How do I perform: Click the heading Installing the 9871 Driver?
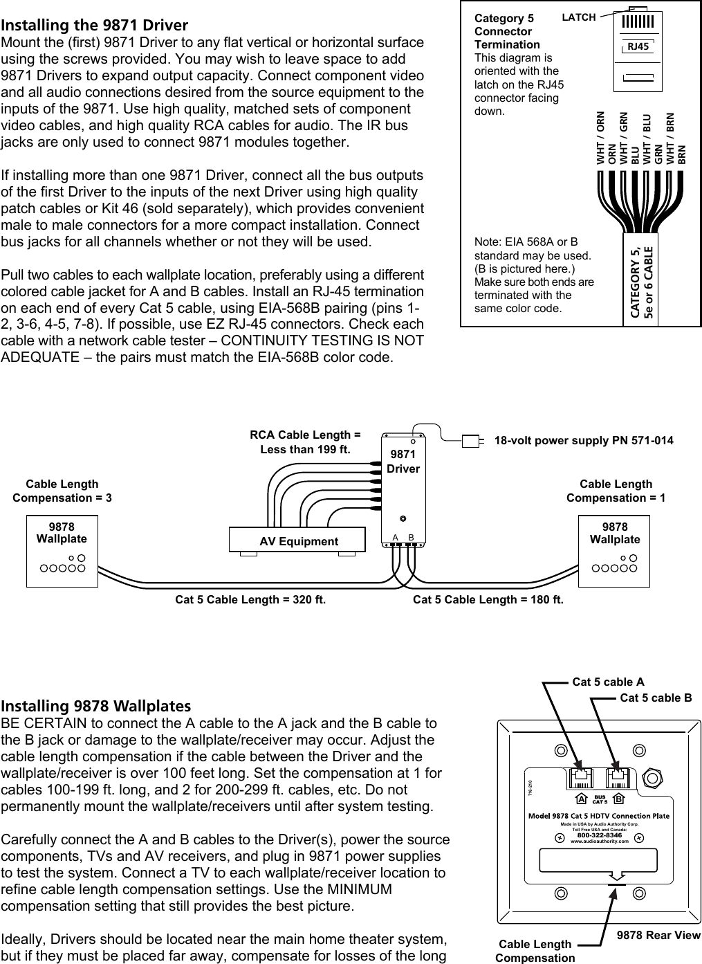pyautogui.click(x=94, y=26)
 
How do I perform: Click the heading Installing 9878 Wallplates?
pyautogui.click(x=96, y=706)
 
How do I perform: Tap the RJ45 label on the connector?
pyautogui.click(x=637, y=46)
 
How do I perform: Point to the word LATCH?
pyautogui.click(x=578, y=17)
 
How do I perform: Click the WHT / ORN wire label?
pyautogui.click(x=600, y=138)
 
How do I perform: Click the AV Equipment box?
pyautogui.click(x=298, y=541)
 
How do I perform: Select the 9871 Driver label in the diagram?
pyautogui.click(x=403, y=462)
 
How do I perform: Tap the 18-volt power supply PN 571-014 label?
pyautogui.click(x=584, y=440)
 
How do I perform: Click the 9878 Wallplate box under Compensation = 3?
pyautogui.click(x=62, y=550)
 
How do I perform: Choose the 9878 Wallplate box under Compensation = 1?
pyautogui.click(x=613, y=550)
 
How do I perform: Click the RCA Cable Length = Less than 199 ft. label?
pyautogui.click(x=305, y=442)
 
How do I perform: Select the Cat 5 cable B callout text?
pyautogui.click(x=655, y=698)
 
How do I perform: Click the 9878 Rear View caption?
pyautogui.click(x=658, y=935)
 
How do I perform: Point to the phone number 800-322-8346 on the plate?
pyautogui.click(x=599, y=835)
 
